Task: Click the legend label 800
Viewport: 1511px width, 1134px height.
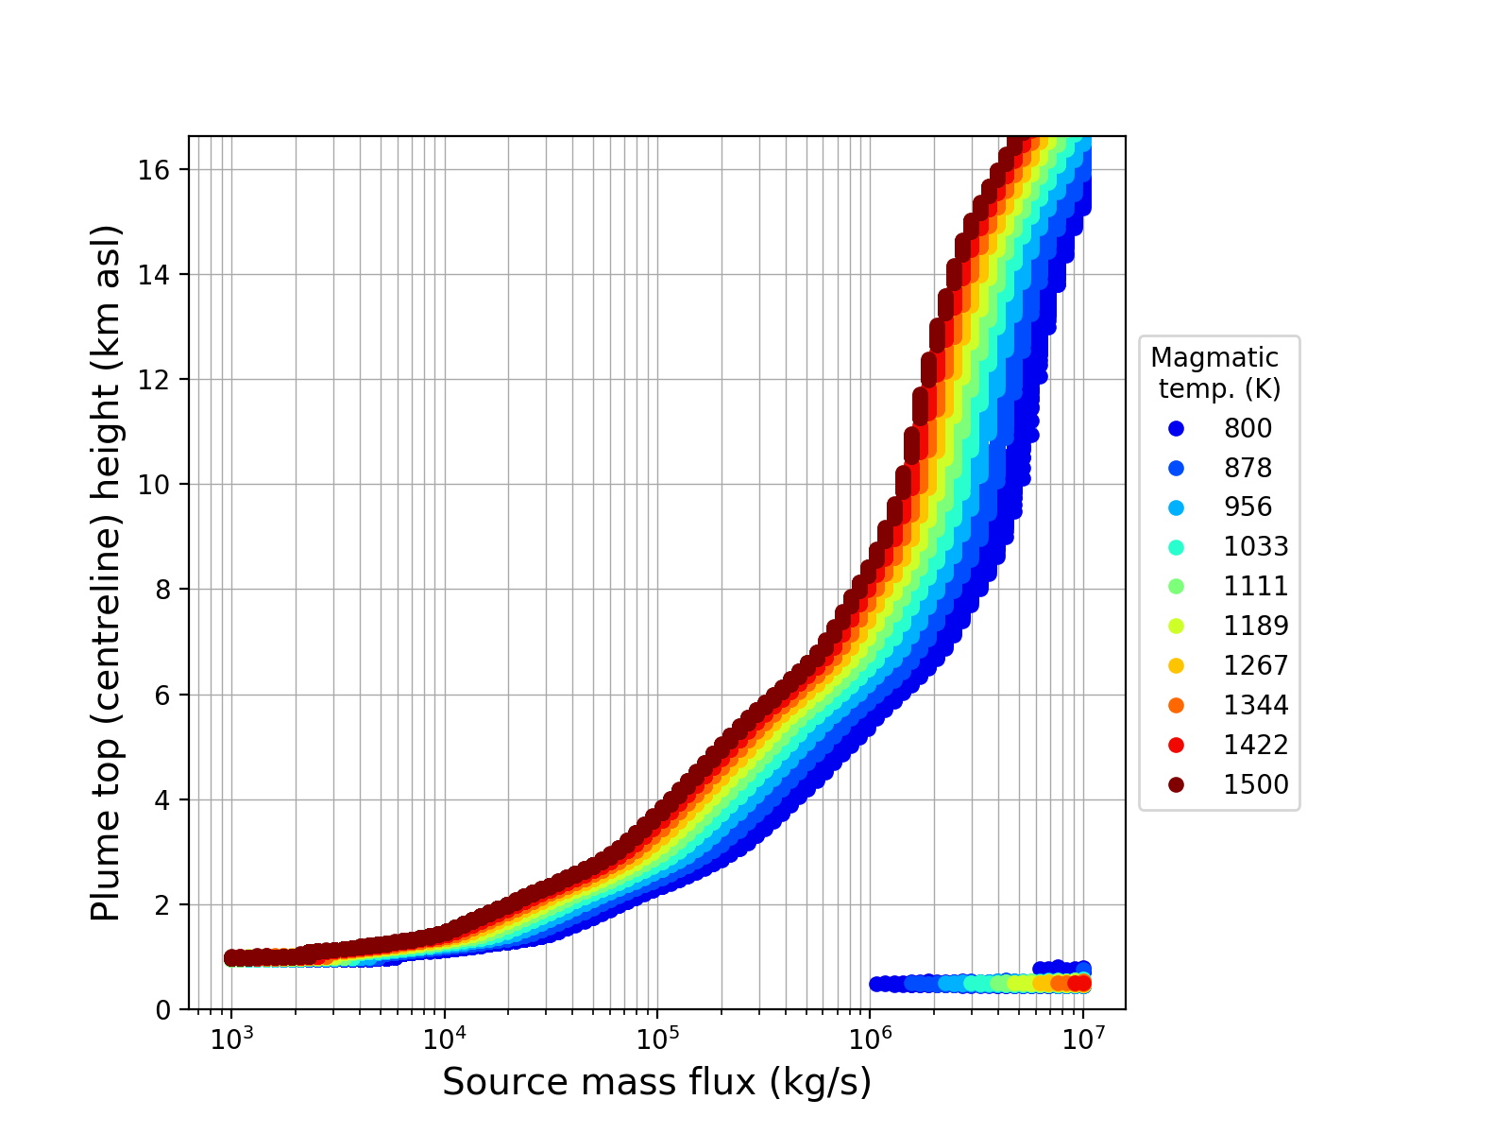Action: [1248, 428]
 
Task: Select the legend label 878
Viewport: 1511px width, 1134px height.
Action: [1248, 468]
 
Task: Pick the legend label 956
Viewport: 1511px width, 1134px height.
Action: [1248, 507]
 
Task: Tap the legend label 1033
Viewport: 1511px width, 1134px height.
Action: [1256, 547]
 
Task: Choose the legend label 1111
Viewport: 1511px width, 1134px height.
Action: [1256, 587]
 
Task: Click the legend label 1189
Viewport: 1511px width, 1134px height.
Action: [1256, 627]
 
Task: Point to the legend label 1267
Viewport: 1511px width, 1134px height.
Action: [1256, 666]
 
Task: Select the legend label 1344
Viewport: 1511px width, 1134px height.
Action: [1256, 706]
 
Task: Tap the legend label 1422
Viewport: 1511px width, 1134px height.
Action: [1256, 746]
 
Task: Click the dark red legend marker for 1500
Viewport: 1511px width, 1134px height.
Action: [1176, 784]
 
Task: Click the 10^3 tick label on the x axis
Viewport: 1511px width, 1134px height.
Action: [231, 1039]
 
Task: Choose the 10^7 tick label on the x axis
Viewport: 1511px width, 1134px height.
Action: [1082, 1039]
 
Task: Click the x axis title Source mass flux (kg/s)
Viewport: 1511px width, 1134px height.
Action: [656, 1083]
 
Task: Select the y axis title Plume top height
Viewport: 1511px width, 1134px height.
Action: [107, 573]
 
